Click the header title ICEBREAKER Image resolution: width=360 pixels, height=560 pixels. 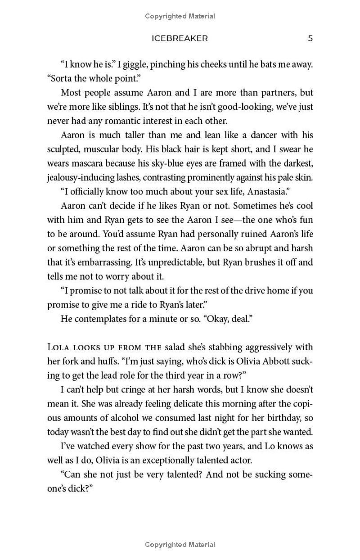(x=180, y=39)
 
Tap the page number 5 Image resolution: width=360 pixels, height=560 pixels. (x=310, y=39)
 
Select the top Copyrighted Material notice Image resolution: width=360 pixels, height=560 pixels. (x=180, y=16)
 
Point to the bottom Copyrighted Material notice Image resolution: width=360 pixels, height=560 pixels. (x=180, y=545)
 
